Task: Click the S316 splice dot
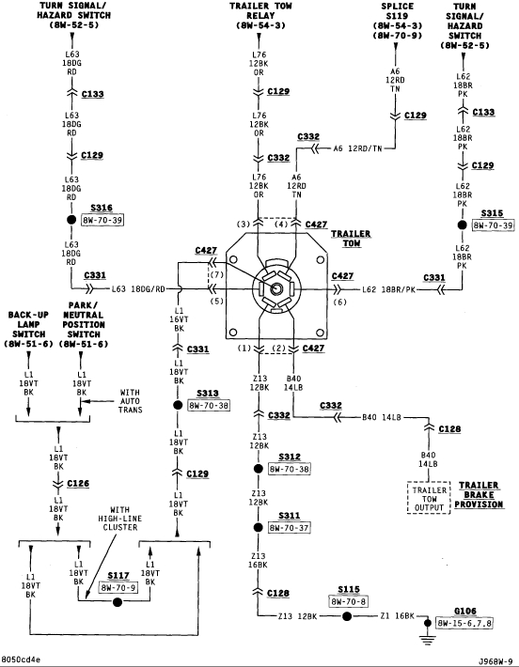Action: (x=71, y=220)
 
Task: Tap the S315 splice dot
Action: (x=463, y=225)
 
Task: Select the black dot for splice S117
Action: (x=118, y=602)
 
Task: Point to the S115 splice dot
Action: (x=347, y=616)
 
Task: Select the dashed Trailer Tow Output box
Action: (x=429, y=498)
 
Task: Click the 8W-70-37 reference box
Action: (x=289, y=527)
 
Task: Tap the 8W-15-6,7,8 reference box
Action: (x=464, y=623)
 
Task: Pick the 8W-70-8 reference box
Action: (x=349, y=601)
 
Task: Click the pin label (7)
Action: (x=216, y=275)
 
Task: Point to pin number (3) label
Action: (x=244, y=225)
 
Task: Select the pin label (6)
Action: (x=339, y=302)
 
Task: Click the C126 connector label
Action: (x=78, y=483)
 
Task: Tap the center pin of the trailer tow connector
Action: (x=276, y=288)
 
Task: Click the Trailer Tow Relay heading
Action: (x=260, y=16)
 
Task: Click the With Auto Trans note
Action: (x=131, y=401)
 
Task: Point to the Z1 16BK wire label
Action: (x=398, y=615)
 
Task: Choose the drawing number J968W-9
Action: (x=495, y=661)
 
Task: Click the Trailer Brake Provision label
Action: (x=479, y=495)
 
